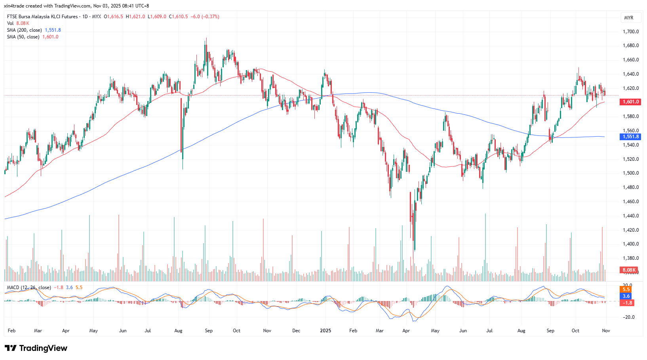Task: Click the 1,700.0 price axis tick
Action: coord(630,32)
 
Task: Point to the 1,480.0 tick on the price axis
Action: coord(630,187)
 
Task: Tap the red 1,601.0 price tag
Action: coord(630,102)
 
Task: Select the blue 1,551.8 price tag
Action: coord(630,137)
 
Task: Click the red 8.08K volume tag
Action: coord(629,270)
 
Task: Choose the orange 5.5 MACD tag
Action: coord(626,290)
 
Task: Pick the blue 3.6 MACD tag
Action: coord(626,296)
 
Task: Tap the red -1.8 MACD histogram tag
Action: coord(628,303)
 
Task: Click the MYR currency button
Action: coord(628,18)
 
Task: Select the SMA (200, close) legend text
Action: coord(24,30)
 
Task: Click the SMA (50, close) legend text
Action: coord(23,37)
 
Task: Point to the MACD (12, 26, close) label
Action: coord(29,288)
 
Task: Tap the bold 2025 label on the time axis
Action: coord(325,331)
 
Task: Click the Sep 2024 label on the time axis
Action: coord(209,331)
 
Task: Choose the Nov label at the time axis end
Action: coord(606,331)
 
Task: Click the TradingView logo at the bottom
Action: coord(36,348)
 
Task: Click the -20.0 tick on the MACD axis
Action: coord(628,317)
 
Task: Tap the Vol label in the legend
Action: coord(10,23)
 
